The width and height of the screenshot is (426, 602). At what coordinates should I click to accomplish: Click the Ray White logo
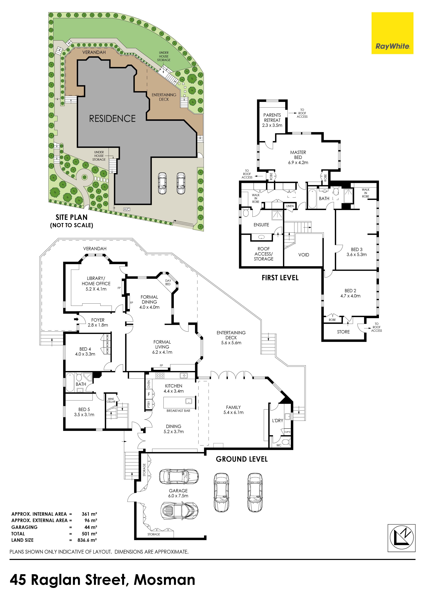[392, 33]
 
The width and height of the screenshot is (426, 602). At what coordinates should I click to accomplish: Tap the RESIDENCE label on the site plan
[112, 119]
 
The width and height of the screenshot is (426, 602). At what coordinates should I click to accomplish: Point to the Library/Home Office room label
[96, 284]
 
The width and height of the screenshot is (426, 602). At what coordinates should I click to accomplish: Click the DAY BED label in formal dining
[168, 282]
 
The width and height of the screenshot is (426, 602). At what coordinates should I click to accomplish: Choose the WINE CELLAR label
[111, 400]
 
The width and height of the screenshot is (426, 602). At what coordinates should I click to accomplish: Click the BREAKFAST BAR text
[178, 411]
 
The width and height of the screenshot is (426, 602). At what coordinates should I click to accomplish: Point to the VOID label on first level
[304, 255]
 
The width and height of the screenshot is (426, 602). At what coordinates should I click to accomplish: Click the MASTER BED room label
[298, 157]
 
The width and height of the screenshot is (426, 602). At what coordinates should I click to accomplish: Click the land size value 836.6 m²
[87, 540]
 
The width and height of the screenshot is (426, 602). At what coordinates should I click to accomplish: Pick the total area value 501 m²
[89, 534]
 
